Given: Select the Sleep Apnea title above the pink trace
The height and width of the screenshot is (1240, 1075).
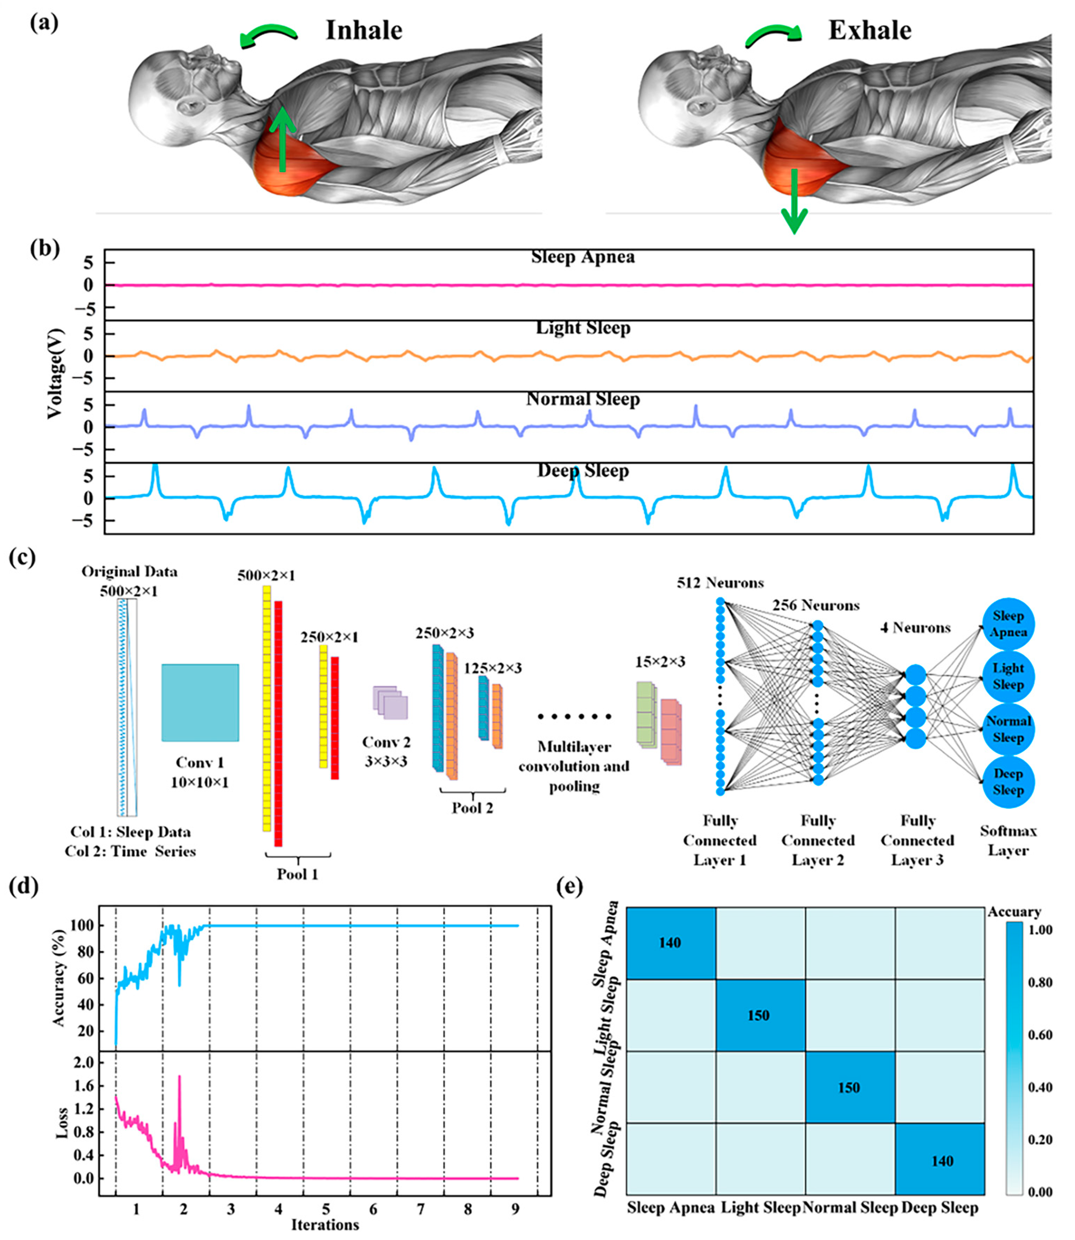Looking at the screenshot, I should pyautogui.click(x=582, y=257).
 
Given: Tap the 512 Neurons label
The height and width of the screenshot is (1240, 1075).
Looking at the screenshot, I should pyautogui.click(x=720, y=582).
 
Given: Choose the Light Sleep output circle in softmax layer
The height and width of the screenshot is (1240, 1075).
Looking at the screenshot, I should pyautogui.click(x=1008, y=677).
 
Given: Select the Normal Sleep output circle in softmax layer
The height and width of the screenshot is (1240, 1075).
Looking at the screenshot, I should pyautogui.click(x=1008, y=729).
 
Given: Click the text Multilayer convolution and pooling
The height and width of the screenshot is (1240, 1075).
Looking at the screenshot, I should pyautogui.click(x=574, y=766).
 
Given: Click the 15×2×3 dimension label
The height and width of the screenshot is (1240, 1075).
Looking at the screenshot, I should pyautogui.click(x=660, y=662).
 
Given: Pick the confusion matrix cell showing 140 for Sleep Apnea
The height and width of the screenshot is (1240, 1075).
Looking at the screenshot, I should pyautogui.click(x=670, y=942).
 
